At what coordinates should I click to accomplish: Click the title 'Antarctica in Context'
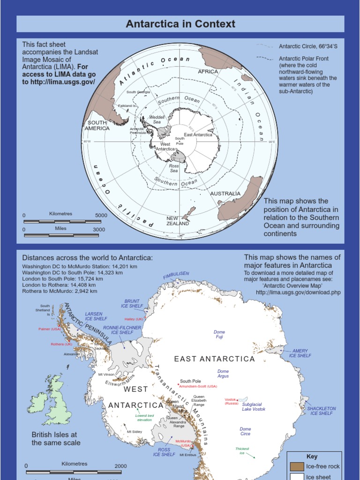click(180, 24)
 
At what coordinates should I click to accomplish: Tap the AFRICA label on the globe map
click(208, 72)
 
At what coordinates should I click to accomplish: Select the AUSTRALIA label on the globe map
click(225, 194)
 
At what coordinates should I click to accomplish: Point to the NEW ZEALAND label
click(178, 221)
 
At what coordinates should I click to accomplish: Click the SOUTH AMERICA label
click(97, 125)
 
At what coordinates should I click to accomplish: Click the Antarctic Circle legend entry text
click(308, 46)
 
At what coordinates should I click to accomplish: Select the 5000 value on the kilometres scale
click(101, 215)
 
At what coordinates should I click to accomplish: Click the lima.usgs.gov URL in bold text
click(59, 82)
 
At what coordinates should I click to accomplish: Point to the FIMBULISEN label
click(176, 275)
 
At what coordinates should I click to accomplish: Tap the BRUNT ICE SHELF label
click(132, 303)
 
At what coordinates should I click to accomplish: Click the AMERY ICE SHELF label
click(300, 353)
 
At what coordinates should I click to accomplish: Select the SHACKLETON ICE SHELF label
click(322, 411)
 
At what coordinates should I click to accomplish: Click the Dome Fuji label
click(219, 334)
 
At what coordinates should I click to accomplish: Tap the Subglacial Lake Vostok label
click(254, 406)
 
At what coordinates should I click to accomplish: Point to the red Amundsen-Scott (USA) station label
click(198, 386)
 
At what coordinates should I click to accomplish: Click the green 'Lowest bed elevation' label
click(144, 418)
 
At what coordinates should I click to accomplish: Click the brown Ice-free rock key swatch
click(297, 466)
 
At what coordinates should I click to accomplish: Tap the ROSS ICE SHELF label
click(164, 452)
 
